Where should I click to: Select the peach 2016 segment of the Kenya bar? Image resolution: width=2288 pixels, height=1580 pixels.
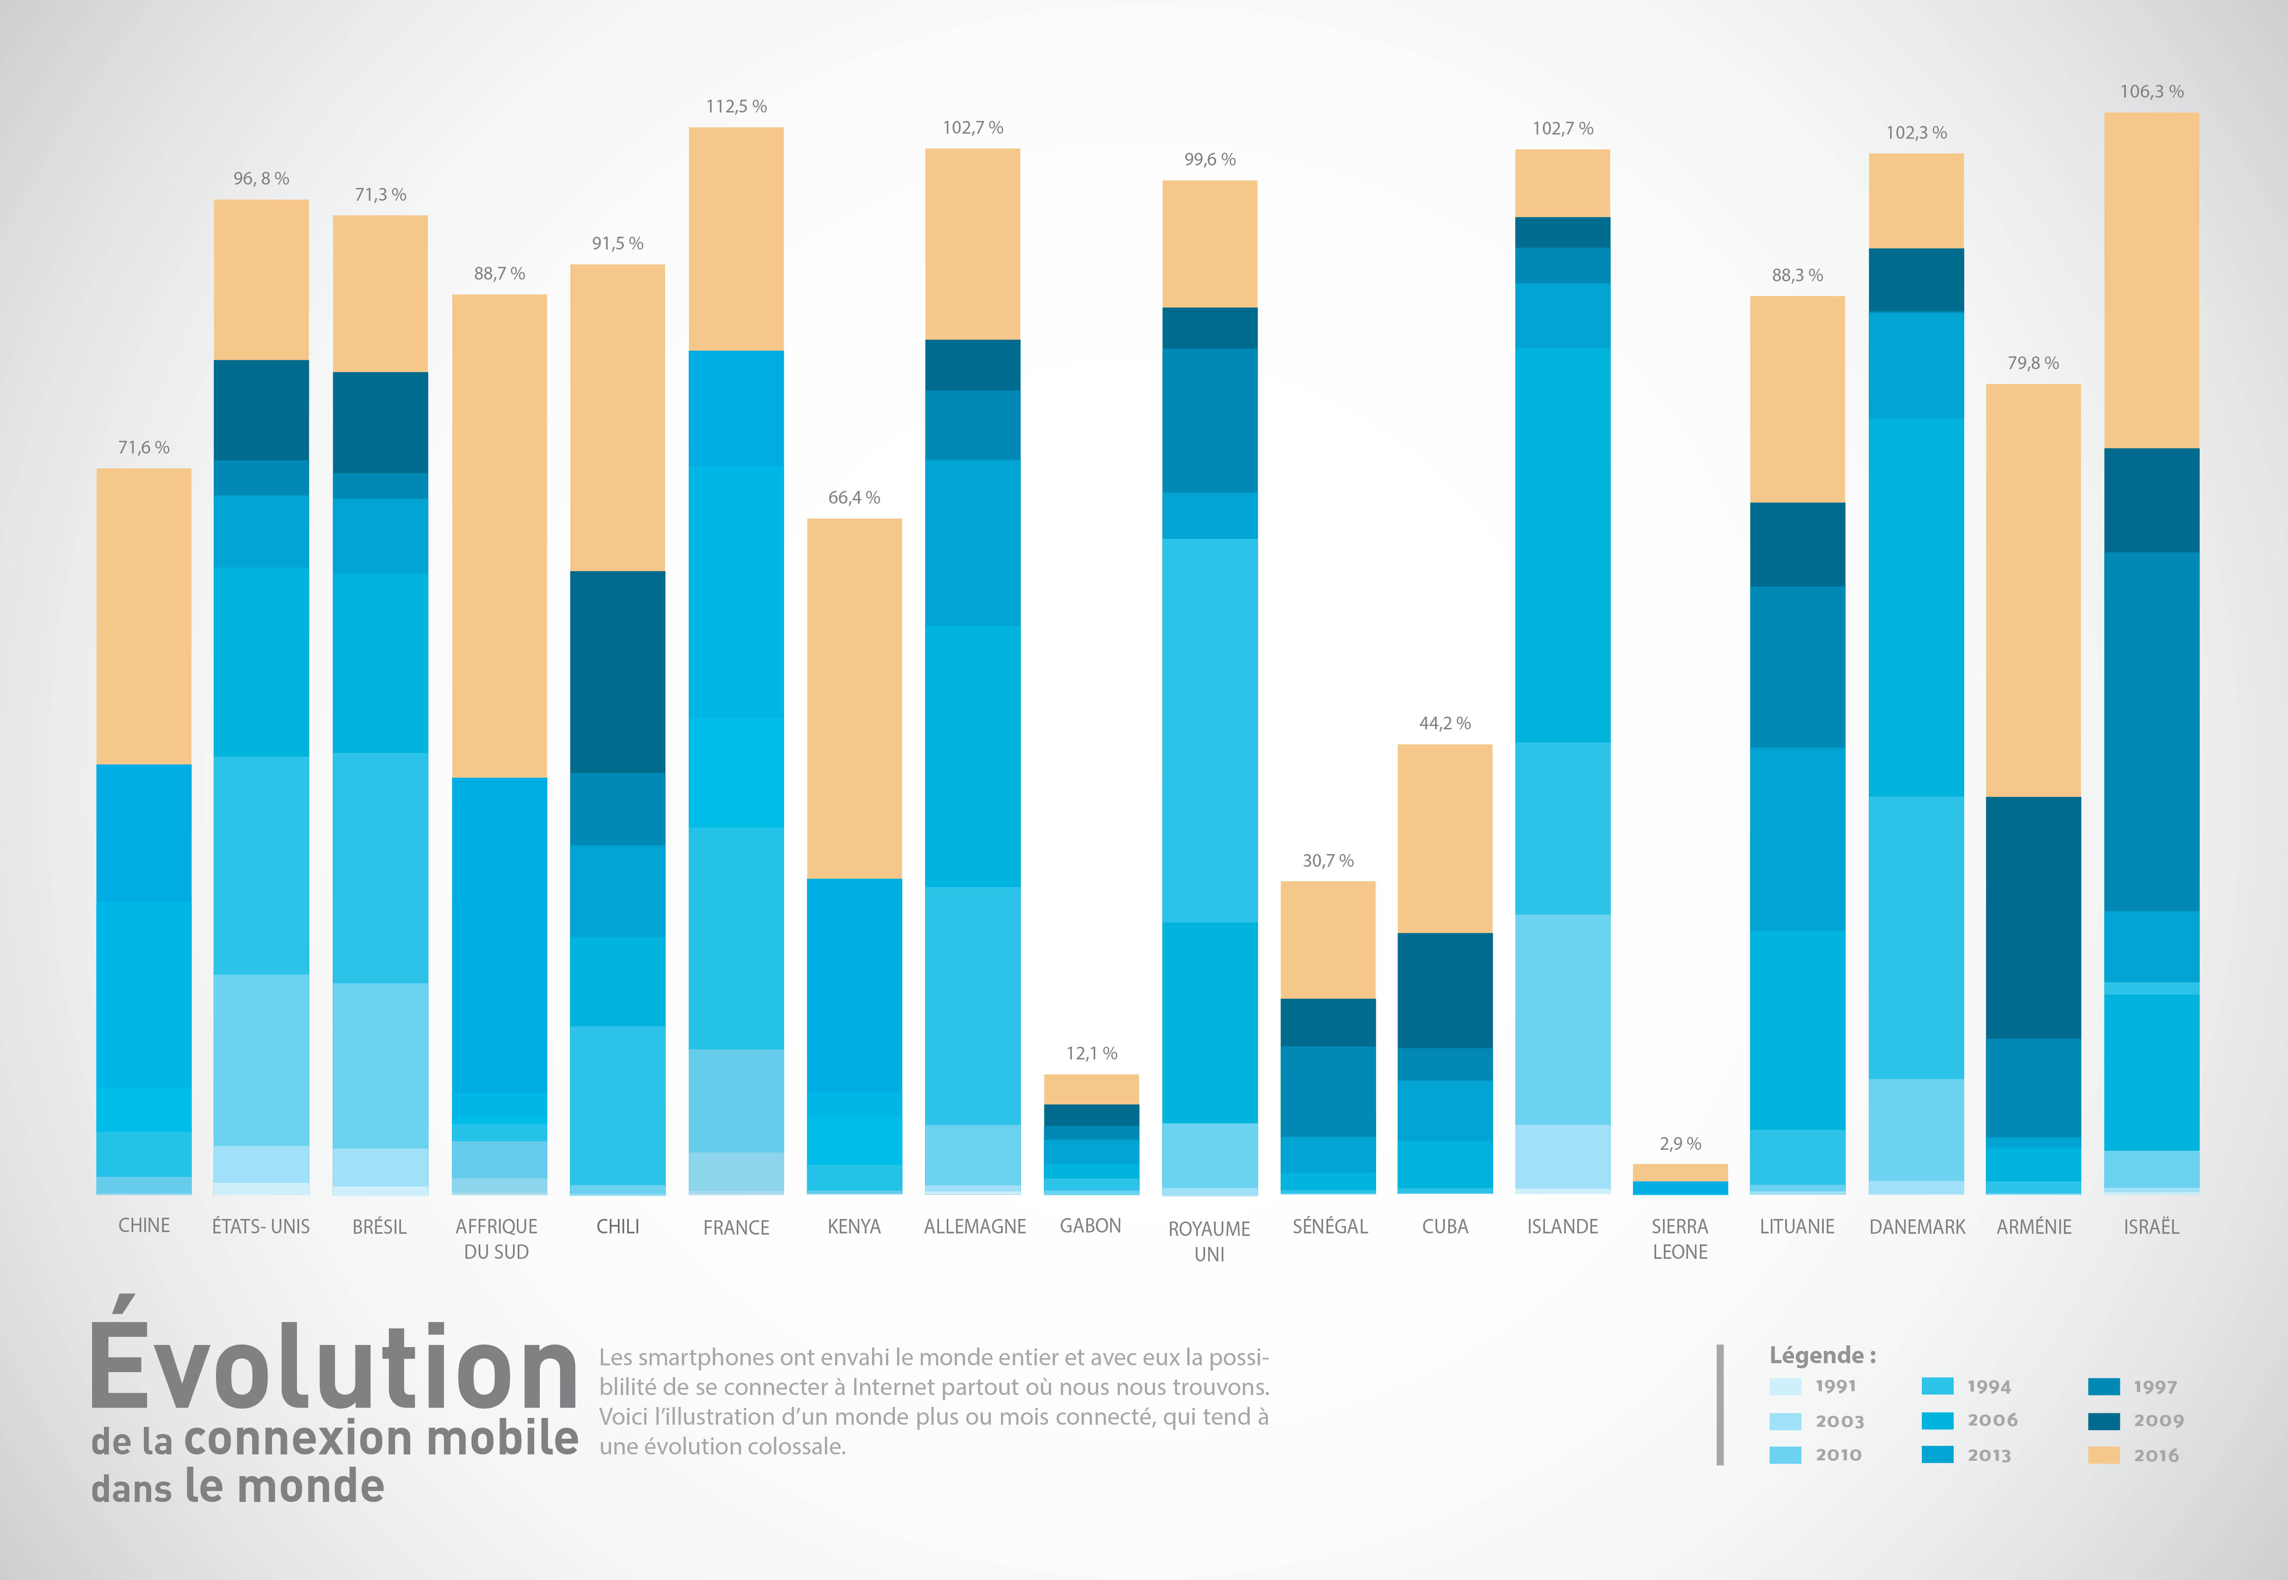853,698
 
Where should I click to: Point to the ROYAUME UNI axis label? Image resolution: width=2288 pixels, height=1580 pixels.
1209,1241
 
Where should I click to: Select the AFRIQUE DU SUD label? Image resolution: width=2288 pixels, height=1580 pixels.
497,1238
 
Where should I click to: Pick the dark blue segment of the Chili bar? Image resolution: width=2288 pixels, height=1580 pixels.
617,671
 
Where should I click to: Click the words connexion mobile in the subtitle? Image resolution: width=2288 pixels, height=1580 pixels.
381,1438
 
